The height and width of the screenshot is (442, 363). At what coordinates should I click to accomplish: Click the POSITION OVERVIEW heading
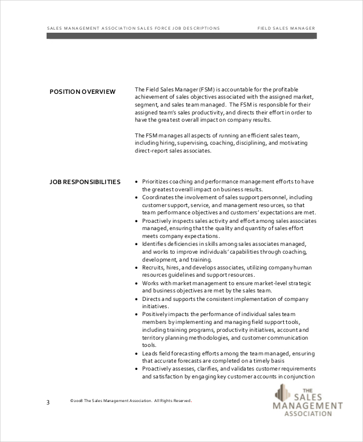pyautogui.click(x=82, y=92)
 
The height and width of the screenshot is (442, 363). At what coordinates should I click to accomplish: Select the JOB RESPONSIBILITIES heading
pyautogui.click(x=85, y=182)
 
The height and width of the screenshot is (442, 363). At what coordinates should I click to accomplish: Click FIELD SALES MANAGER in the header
pyautogui.click(x=286, y=28)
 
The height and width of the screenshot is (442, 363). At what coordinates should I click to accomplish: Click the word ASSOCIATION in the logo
pyautogui.click(x=307, y=414)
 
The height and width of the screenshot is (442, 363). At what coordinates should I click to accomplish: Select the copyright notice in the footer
pyautogui.click(x=131, y=400)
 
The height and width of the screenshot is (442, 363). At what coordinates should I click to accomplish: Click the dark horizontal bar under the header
pyautogui.click(x=181, y=36)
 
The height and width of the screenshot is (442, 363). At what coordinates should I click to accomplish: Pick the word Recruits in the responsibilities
pyautogui.click(x=152, y=267)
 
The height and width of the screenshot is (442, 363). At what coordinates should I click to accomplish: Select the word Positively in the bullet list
pyautogui.click(x=156, y=314)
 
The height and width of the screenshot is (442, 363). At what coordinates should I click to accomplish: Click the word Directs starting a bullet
pyautogui.click(x=151, y=299)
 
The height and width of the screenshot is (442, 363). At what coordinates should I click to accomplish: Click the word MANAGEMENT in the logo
pyautogui.click(x=308, y=406)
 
